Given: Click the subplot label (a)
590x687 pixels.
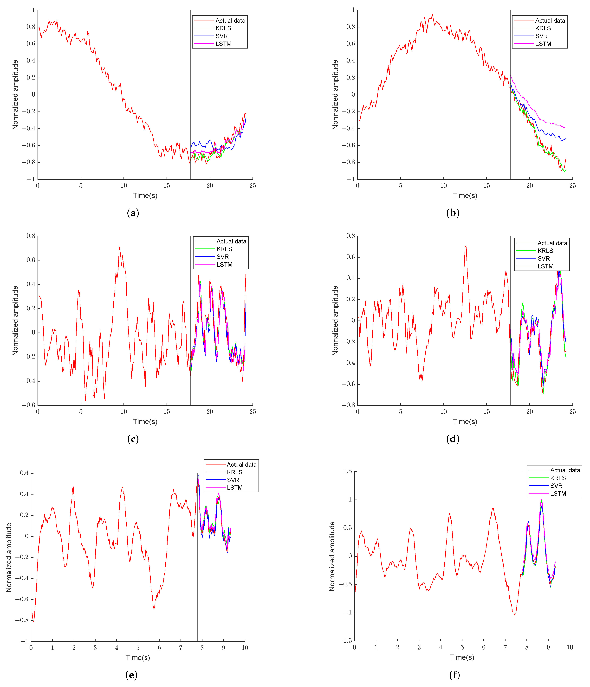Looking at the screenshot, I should click(x=133, y=213).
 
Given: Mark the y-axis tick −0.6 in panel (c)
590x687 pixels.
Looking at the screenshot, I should click(x=29, y=405).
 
